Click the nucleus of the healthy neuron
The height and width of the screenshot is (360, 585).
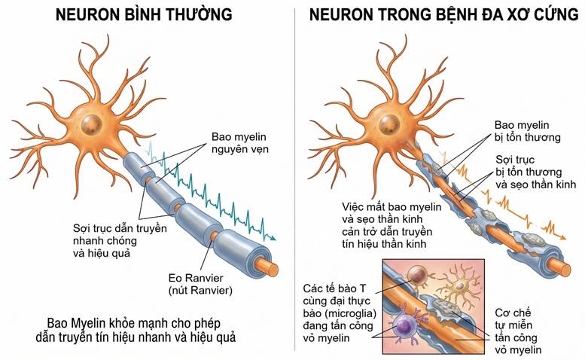(x=91, y=124)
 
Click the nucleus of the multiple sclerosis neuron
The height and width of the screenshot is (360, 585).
(x=389, y=124)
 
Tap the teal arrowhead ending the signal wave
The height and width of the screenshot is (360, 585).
(x=273, y=238)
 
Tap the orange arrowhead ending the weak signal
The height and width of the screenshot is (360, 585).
(x=562, y=237)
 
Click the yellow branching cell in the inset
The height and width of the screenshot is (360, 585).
(x=460, y=286)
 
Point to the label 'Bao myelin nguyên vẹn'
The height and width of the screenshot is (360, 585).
(x=240, y=143)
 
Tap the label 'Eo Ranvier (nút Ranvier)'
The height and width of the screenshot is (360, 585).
(x=200, y=284)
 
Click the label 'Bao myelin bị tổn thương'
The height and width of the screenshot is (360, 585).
(x=528, y=131)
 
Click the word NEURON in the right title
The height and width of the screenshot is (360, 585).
(x=341, y=14)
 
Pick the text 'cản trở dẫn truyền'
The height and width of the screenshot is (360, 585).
(x=387, y=231)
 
